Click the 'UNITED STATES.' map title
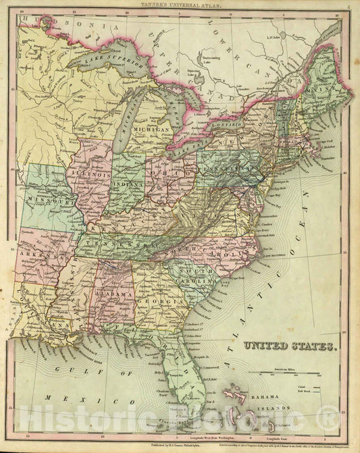pos(290,346)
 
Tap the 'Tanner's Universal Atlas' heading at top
pos(179,5)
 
